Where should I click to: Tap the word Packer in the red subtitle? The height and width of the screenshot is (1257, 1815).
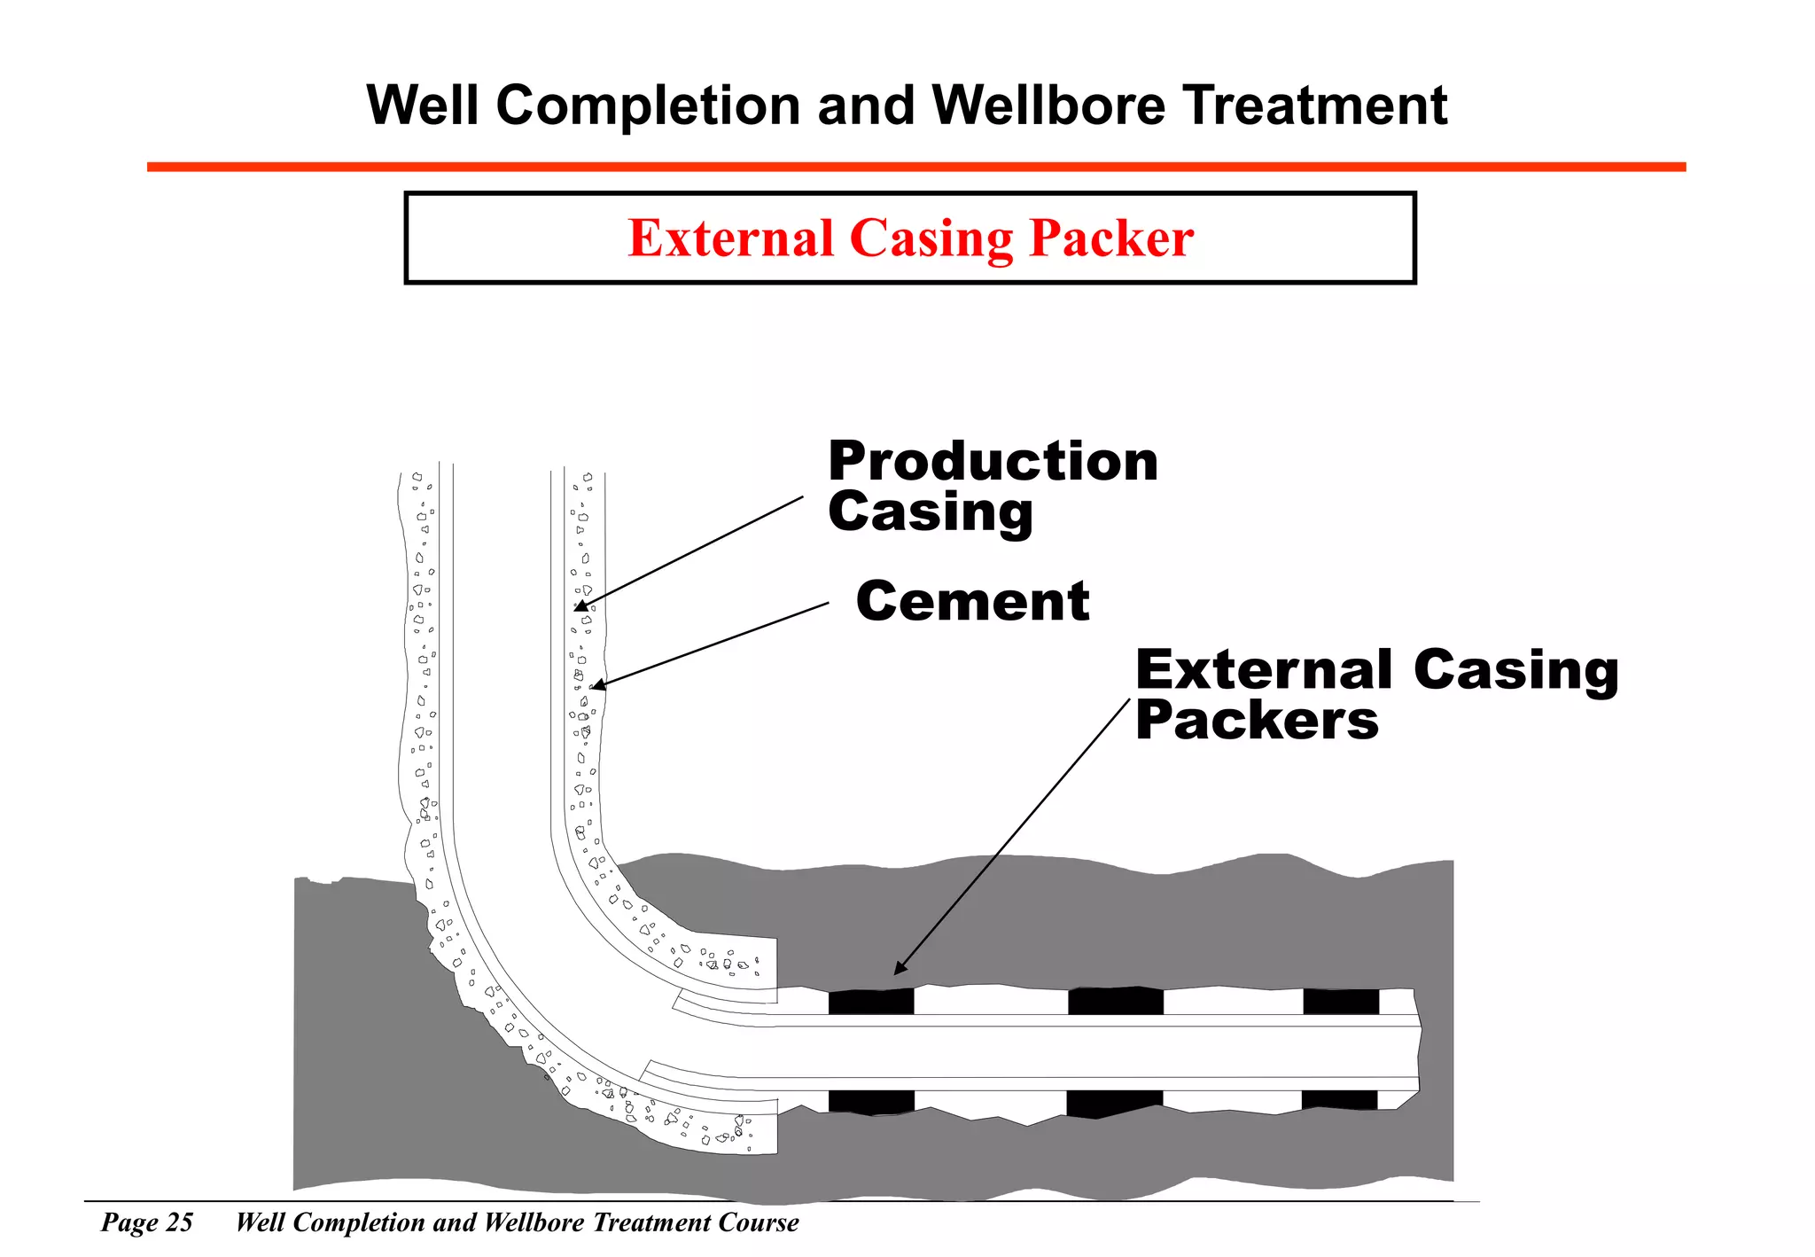pyautogui.click(x=1111, y=238)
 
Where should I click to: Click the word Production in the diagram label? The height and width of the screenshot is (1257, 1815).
pyautogui.click(x=993, y=462)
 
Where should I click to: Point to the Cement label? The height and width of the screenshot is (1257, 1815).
pyautogui.click(x=972, y=602)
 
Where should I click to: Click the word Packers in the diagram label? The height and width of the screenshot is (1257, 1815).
pyautogui.click(x=1257, y=720)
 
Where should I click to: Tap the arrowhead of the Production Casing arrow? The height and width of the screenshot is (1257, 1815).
pyautogui.click(x=581, y=606)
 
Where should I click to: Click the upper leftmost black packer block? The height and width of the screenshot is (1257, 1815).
pyautogui.click(x=870, y=1002)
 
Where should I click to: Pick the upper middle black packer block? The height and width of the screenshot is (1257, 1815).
pyautogui.click(x=1115, y=1001)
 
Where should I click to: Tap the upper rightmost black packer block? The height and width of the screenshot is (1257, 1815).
pyautogui.click(x=1341, y=1002)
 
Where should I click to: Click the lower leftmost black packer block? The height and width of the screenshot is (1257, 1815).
pyautogui.click(x=871, y=1102)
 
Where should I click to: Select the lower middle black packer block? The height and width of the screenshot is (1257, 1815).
pyautogui.click(x=1113, y=1103)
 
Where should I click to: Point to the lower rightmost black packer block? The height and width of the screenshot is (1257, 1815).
pyautogui.click(x=1339, y=1100)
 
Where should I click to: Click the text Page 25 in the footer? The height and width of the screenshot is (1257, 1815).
pyautogui.click(x=147, y=1222)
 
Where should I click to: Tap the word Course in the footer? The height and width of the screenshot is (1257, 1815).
pyautogui.click(x=759, y=1222)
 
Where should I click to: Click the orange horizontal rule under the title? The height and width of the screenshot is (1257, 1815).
pyautogui.click(x=915, y=167)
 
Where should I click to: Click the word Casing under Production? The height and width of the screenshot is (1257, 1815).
pyautogui.click(x=931, y=512)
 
